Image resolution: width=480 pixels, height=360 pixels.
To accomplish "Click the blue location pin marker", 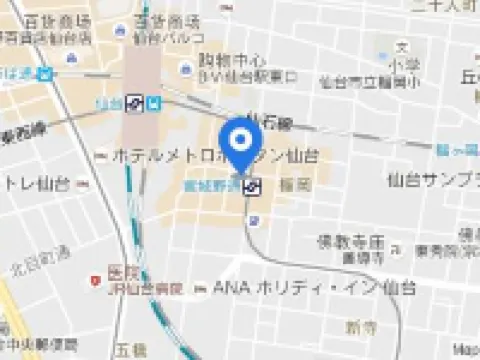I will pyautogui.click(x=241, y=141).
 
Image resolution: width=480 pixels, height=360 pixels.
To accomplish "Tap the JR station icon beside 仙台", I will pyautogui.click(x=133, y=102).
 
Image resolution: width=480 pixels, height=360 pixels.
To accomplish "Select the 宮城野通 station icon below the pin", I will pyautogui.click(x=256, y=185).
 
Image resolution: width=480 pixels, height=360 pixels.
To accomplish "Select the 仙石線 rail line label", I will pyautogui.click(x=270, y=124).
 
